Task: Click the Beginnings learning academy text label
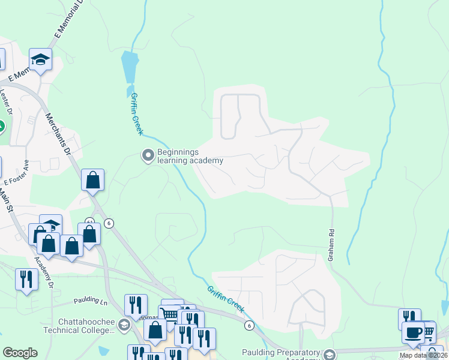tap(190, 156)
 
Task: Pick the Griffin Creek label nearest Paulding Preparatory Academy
tap(226, 299)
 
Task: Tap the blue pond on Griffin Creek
tap(129, 67)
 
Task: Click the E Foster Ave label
tap(16, 173)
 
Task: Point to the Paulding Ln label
tap(90, 300)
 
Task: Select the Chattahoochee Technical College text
tap(82, 326)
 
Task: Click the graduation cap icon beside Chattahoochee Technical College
tap(124, 325)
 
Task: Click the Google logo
tap(20, 353)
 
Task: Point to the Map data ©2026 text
tap(424, 355)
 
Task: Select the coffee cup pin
tap(413, 332)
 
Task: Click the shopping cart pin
tap(170, 314)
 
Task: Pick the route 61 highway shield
tap(89, 221)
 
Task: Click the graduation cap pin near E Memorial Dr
tap(41, 59)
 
